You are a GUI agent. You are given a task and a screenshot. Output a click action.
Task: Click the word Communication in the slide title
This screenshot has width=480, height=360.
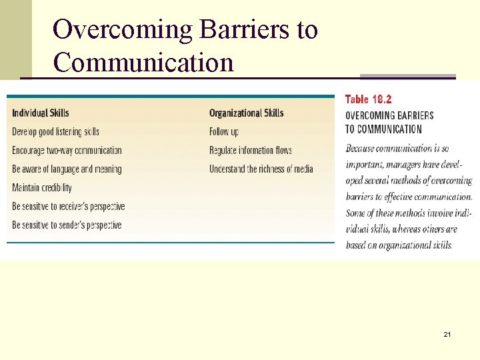[x=143, y=63]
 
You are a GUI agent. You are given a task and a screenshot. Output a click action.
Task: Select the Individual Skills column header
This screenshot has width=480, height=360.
[x=40, y=113]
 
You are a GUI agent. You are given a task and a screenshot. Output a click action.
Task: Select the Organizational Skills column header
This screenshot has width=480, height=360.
[x=245, y=113]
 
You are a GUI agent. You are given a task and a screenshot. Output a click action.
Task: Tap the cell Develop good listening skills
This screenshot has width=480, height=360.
[x=55, y=131]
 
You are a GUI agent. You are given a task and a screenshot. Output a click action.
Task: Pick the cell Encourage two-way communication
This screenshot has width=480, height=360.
[x=67, y=150]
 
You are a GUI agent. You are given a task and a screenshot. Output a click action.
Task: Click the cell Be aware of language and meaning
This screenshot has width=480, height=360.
[x=67, y=169]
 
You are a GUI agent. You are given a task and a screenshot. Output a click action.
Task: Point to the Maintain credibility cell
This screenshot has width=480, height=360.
[x=41, y=187]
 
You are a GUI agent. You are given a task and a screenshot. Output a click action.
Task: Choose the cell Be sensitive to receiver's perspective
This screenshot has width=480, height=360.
[x=68, y=206]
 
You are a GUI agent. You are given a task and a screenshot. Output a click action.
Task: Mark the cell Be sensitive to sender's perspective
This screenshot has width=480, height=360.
[x=67, y=225]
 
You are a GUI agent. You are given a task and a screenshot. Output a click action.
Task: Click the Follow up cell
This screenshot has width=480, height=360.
[x=223, y=131]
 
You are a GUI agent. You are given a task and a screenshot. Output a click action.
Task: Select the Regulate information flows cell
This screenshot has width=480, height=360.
[x=250, y=150]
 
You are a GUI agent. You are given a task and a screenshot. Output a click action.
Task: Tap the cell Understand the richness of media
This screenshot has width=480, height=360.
[x=261, y=169]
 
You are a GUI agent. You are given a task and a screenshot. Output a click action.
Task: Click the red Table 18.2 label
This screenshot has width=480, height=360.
[x=368, y=99]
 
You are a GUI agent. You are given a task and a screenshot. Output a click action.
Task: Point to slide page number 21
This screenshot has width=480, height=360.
[x=447, y=333]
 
